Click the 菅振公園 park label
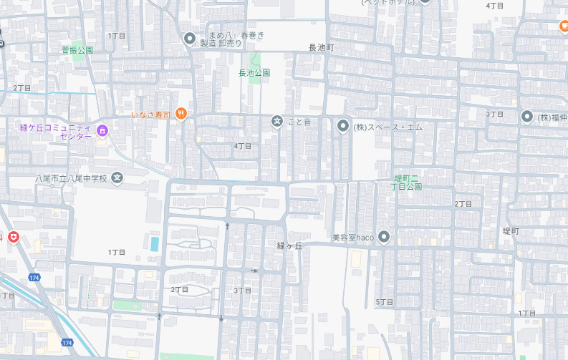coord(77,50)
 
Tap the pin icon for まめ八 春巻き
coord(190,38)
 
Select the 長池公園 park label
coord(254,73)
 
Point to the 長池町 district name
coord(322,47)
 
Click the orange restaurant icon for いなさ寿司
coord(182,113)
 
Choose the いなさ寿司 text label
coord(151,115)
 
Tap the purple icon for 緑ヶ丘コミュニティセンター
coord(102,131)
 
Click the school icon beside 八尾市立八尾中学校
coord(117,177)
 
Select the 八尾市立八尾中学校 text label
coord(71,178)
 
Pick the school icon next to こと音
coord(277,122)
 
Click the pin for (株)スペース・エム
coord(342,126)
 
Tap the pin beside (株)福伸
coord(527,116)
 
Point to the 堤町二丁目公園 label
coord(408,182)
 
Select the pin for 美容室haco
coord(384,236)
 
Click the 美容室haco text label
coord(352,238)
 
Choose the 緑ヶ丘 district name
coord(290,245)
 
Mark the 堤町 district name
coord(511,231)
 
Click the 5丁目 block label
coord(385,302)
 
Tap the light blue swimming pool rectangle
coord(155,243)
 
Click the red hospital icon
coord(13,238)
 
